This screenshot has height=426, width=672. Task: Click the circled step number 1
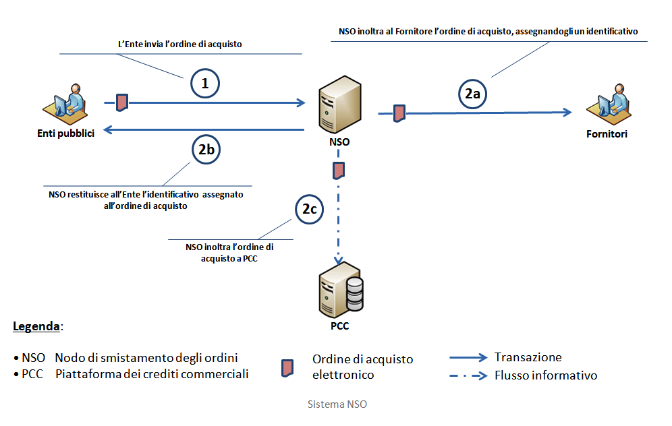(x=205, y=83)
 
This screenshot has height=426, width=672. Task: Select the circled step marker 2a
(x=473, y=93)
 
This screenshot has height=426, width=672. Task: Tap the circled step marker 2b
(x=206, y=149)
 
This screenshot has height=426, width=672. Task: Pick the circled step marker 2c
(x=310, y=209)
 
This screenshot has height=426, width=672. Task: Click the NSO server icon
(x=340, y=104)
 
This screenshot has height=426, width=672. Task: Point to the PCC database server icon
(x=341, y=290)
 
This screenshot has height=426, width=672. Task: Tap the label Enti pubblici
(x=65, y=133)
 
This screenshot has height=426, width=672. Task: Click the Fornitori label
(x=607, y=134)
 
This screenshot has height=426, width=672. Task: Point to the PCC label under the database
(x=340, y=326)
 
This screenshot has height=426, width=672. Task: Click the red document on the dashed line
(x=339, y=171)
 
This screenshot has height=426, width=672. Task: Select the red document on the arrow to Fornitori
(x=399, y=113)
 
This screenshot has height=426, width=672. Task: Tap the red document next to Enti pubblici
(x=122, y=102)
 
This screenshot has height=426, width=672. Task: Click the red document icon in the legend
(x=287, y=368)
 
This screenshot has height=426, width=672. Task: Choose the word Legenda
(x=36, y=326)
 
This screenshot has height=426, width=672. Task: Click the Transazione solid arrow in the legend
(x=468, y=357)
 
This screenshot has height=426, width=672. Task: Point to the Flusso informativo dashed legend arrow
(x=468, y=376)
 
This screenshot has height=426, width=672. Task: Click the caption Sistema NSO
(x=337, y=404)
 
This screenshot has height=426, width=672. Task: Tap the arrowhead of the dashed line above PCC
(x=339, y=260)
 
